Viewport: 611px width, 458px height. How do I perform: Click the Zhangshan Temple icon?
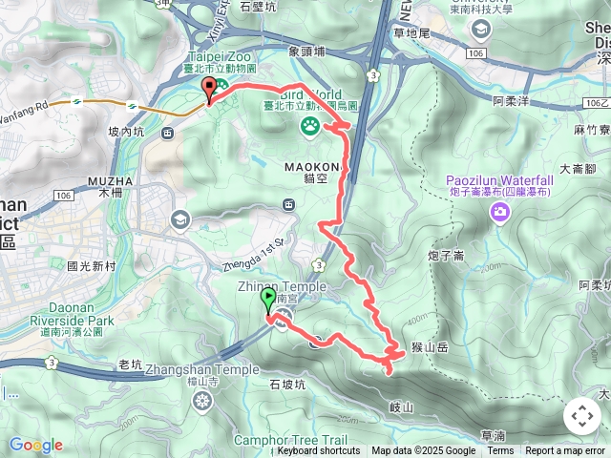pyautogui.click(x=202, y=400)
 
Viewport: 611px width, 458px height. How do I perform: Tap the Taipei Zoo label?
pyautogui.click(x=218, y=57)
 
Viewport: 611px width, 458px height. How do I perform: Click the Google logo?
pyautogui.click(x=35, y=445)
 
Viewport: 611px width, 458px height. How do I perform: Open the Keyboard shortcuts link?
pyautogui.click(x=318, y=451)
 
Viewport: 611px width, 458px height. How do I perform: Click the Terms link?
pyautogui.click(x=500, y=451)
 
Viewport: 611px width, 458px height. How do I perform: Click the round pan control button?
pyautogui.click(x=581, y=416)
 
